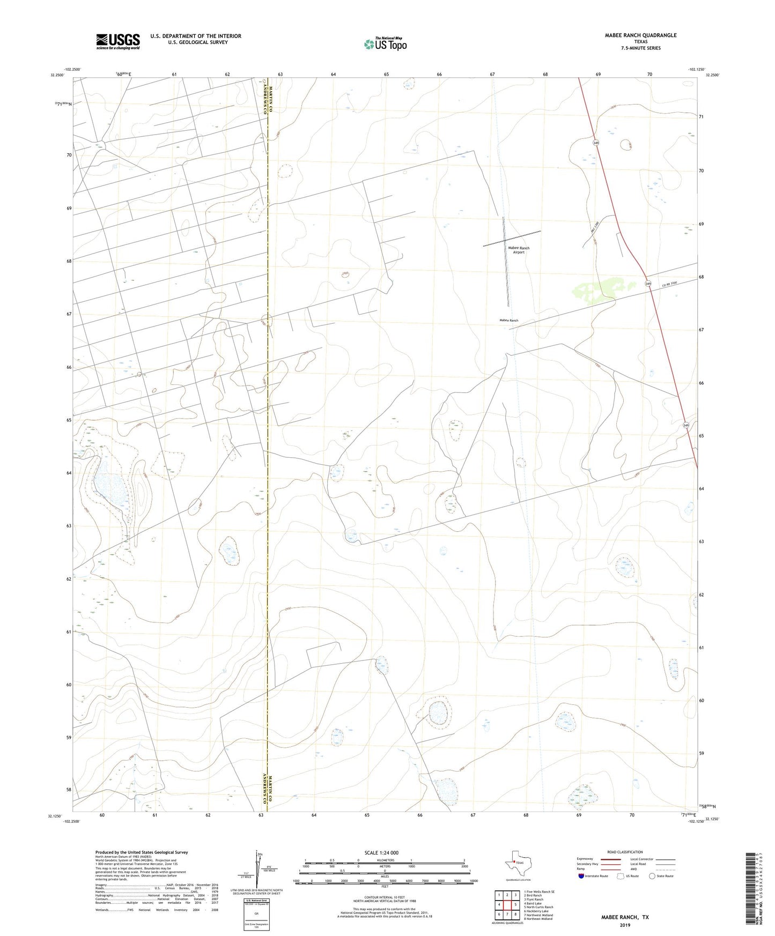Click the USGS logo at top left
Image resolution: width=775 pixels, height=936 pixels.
tap(118, 41)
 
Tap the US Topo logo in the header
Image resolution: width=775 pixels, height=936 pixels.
tap(385, 44)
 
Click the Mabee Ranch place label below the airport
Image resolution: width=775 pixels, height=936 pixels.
tap(508, 321)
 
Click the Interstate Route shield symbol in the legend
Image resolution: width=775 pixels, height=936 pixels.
tap(581, 876)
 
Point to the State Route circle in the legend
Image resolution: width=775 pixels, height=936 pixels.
tap(652, 876)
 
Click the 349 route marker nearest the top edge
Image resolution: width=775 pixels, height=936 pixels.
tap(596, 143)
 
